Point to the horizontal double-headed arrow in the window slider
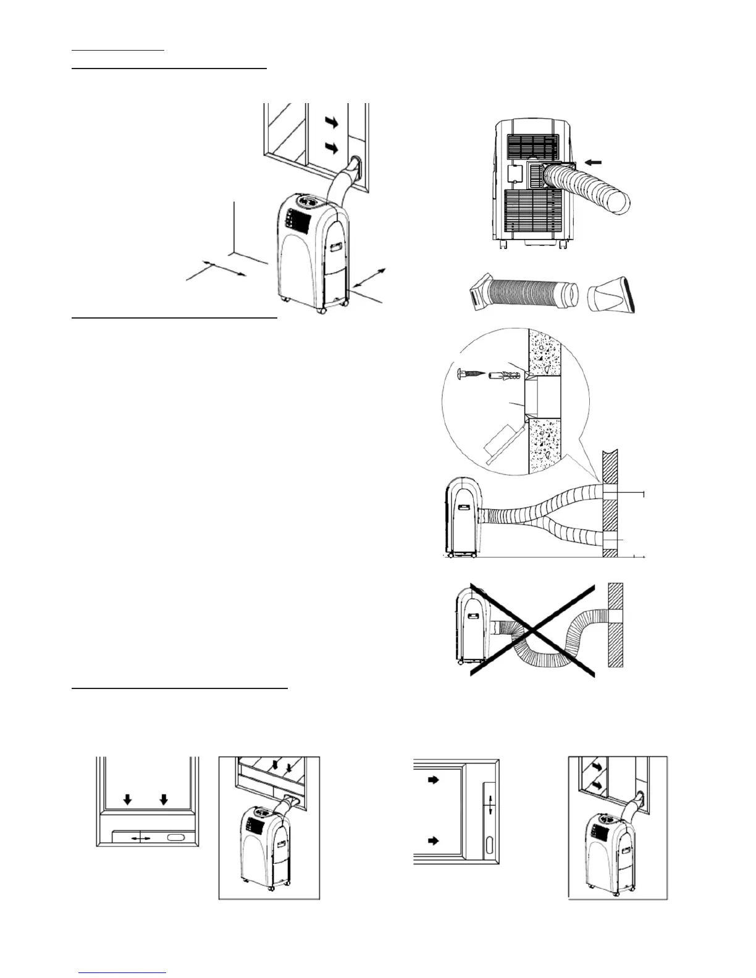pyautogui.click(x=141, y=838)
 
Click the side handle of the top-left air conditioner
pyautogui.click(x=337, y=247)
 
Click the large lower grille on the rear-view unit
pyautogui.click(x=532, y=210)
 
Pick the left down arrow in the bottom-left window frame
pyautogui.click(x=127, y=800)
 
